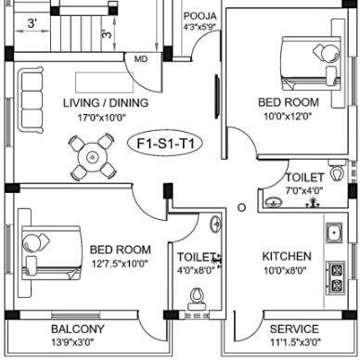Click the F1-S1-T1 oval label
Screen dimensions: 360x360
165,144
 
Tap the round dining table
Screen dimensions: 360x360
92,157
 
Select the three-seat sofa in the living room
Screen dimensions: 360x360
31,99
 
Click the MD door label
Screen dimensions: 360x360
141,58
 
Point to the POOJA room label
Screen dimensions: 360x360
200,16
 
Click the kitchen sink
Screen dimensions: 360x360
334,233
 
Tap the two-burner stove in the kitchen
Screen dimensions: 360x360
336,277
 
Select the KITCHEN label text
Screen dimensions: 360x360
287,256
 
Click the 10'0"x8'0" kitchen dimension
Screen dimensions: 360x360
285,271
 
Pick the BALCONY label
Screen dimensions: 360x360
78,329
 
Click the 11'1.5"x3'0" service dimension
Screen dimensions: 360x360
295,342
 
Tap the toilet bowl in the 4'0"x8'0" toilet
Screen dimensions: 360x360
197,298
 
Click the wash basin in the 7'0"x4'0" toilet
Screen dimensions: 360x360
274,202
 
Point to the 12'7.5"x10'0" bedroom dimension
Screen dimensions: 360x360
120,264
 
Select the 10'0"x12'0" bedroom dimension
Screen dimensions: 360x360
288,117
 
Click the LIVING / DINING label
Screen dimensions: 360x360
106,103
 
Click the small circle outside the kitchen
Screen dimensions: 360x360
242,208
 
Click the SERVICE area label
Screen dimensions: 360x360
294,328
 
